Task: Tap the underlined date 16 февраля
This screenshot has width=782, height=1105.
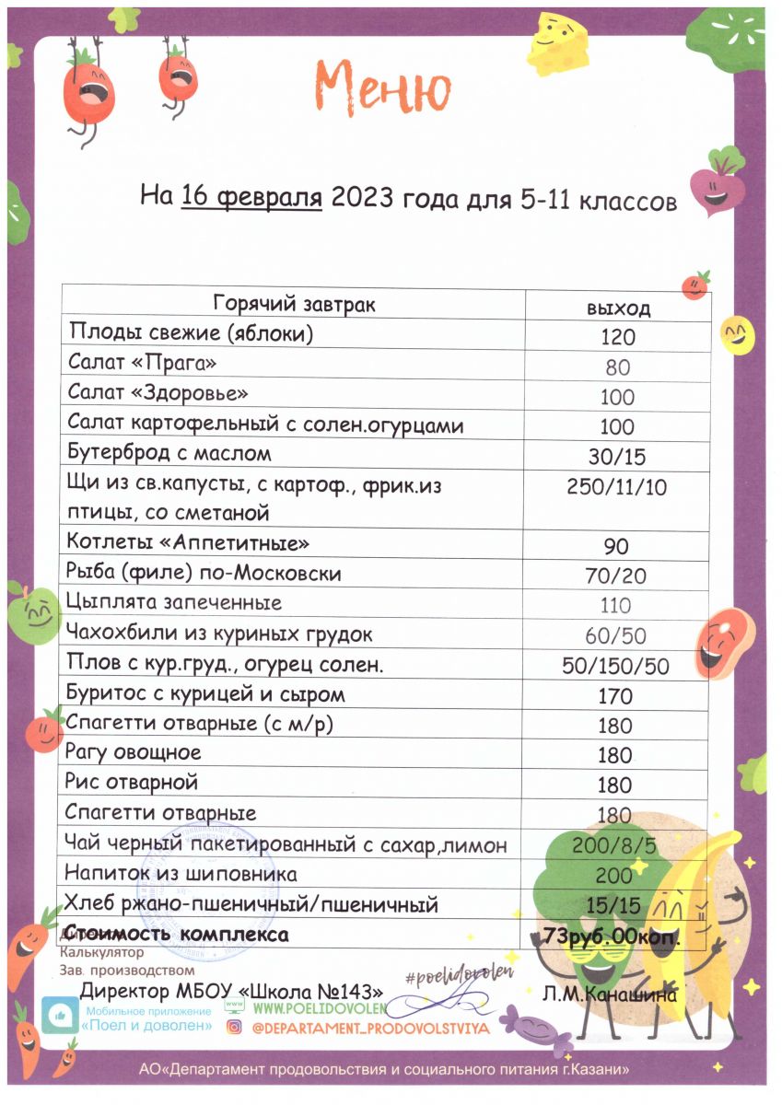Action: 251,198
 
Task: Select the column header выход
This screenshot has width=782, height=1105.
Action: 618,308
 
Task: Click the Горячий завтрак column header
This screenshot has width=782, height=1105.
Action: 294,304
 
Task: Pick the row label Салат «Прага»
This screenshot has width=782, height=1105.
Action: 143,364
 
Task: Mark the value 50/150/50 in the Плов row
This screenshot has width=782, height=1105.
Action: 616,666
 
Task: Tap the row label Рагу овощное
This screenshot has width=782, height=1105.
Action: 134,753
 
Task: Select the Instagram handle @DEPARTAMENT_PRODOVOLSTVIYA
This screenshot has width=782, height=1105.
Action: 370,1027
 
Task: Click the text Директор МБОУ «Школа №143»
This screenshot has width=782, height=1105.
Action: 232,992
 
